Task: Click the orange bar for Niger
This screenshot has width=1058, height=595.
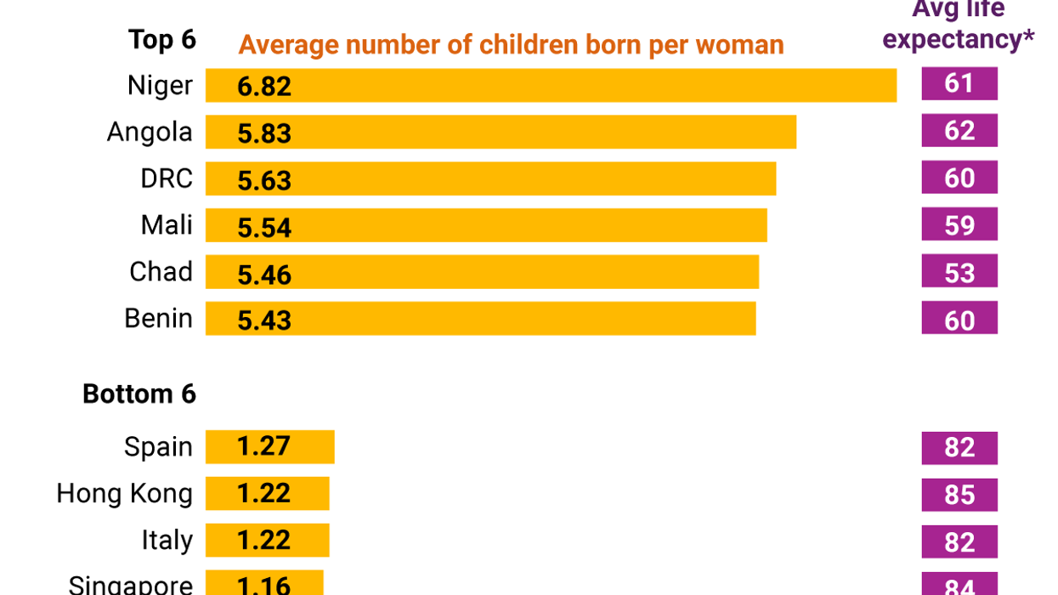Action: click(x=551, y=86)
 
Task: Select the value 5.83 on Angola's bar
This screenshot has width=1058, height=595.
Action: click(x=264, y=133)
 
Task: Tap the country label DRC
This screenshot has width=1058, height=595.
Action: click(x=167, y=178)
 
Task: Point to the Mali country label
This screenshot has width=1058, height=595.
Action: click(x=167, y=225)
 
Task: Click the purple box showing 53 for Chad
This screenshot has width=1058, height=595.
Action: click(x=959, y=272)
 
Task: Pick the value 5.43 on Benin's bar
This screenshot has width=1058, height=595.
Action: click(x=264, y=320)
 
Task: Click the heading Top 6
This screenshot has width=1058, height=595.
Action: click(x=161, y=40)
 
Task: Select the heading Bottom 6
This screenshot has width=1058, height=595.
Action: click(x=139, y=394)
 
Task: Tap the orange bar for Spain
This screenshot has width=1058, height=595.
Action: click(x=269, y=447)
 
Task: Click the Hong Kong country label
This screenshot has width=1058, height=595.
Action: click(x=124, y=494)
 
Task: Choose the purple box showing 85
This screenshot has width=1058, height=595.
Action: click(x=959, y=495)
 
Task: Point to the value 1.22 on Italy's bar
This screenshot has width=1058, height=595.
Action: click(x=264, y=541)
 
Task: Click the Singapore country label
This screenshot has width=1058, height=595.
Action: click(x=130, y=585)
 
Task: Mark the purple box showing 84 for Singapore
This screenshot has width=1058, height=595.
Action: click(x=959, y=585)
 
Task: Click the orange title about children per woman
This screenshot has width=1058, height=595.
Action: click(x=511, y=44)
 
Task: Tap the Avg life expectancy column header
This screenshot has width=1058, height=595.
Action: click(x=958, y=25)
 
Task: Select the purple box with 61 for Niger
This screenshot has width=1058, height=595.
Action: click(x=959, y=84)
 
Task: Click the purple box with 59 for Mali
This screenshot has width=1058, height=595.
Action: click(x=959, y=225)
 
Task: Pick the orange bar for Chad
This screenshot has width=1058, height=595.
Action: click(x=482, y=272)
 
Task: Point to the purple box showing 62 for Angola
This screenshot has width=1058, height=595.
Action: click(x=959, y=131)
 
